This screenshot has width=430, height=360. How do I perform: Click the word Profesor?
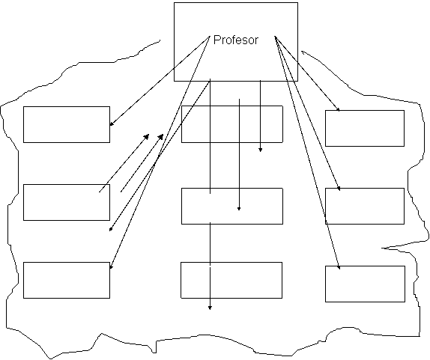pyautogui.click(x=236, y=40)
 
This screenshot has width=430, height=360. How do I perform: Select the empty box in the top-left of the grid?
pyautogui.click(x=67, y=125)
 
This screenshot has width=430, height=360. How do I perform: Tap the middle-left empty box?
pyautogui.click(x=67, y=203)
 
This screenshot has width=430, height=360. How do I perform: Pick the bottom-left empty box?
pyautogui.click(x=67, y=280)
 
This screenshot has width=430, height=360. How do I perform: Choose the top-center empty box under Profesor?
pyautogui.click(x=232, y=124)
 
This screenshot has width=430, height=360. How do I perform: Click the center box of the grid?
pyautogui.click(x=232, y=206)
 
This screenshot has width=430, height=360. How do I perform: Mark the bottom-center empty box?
pyautogui.click(x=231, y=280)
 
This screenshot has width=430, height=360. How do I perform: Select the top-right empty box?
pyautogui.click(x=365, y=128)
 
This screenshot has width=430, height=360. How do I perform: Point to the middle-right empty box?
pyautogui.click(x=365, y=206)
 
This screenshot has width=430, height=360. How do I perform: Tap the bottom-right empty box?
pyautogui.click(x=365, y=284)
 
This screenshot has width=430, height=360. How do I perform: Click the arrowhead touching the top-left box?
pyautogui.click(x=112, y=124)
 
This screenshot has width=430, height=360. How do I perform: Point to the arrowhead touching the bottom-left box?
pyautogui.click(x=111, y=266)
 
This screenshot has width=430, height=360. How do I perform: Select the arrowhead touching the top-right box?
pyautogui.click(x=338, y=109)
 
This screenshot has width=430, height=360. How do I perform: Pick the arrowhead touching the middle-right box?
pyautogui.click(x=339, y=189)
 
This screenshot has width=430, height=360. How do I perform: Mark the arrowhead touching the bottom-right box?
pyautogui.click(x=339, y=267)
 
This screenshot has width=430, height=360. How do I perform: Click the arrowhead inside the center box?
pyautogui.click(x=239, y=209)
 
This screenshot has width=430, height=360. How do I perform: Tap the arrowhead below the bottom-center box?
pyautogui.click(x=210, y=308)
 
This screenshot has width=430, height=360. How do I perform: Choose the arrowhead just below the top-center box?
pyautogui.click(x=260, y=150)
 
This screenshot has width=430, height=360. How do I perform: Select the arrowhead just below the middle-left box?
pyautogui.click(x=111, y=229)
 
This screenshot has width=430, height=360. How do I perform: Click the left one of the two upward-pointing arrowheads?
pyautogui.click(x=147, y=136)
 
